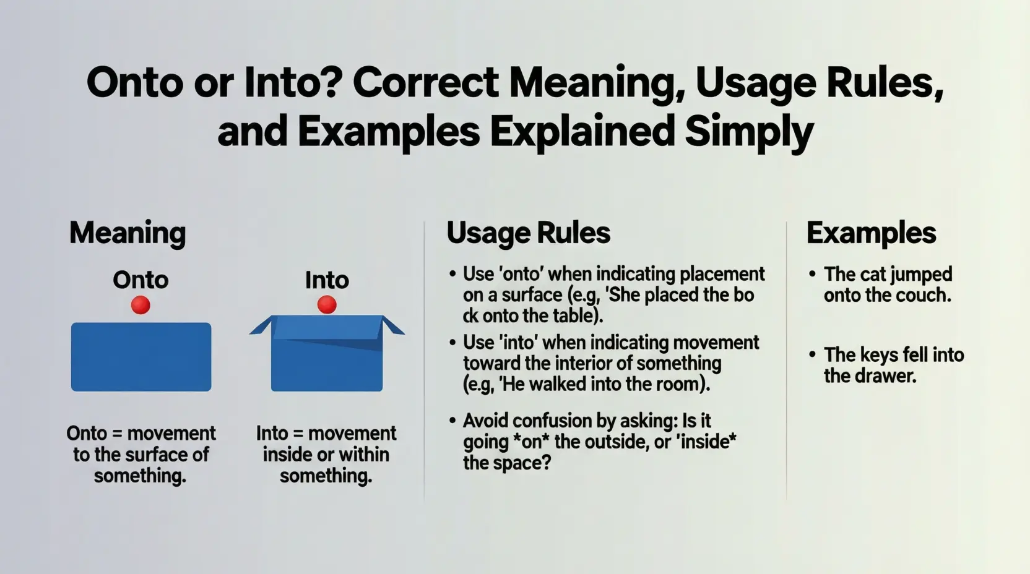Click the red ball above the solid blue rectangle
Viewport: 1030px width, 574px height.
pyautogui.click(x=141, y=305)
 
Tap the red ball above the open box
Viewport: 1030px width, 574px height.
pyautogui.click(x=327, y=304)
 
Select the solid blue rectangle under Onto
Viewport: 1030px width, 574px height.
pyautogui.click(x=141, y=357)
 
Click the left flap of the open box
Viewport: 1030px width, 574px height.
pyautogui.click(x=261, y=325)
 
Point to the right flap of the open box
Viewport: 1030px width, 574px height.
pyautogui.click(x=393, y=325)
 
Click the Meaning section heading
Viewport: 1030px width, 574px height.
pyautogui.click(x=128, y=233)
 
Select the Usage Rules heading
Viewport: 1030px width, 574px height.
pyautogui.click(x=529, y=233)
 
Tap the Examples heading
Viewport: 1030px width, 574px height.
pyautogui.click(x=872, y=233)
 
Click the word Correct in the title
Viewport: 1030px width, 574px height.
pyautogui.click(x=425, y=83)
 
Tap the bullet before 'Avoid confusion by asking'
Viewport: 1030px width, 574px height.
pyautogui.click(x=453, y=421)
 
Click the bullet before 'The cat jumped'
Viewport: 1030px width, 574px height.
pyautogui.click(x=812, y=274)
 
